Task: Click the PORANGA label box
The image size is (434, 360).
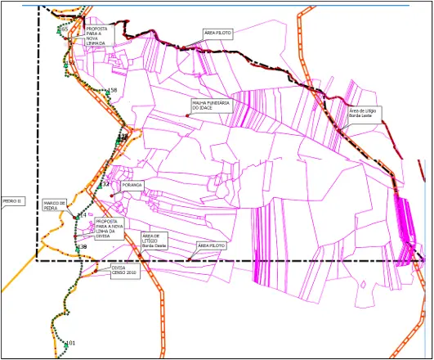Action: [x=132, y=186]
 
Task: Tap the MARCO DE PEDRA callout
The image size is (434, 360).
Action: [x=55, y=205]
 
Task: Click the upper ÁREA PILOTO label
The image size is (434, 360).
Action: [x=218, y=34]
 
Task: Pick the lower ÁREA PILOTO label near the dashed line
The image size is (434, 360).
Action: [x=211, y=245]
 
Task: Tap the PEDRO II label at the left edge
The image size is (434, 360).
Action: [x=13, y=200]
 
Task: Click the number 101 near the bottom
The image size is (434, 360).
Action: [x=70, y=343]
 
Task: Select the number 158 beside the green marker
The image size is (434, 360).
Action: [x=113, y=90]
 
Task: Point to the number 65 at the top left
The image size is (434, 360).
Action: [x=65, y=29]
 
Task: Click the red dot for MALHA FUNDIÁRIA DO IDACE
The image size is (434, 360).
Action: [x=188, y=115]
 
